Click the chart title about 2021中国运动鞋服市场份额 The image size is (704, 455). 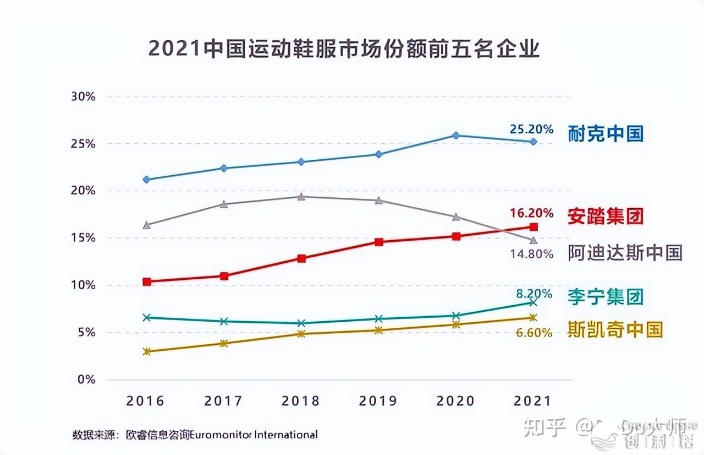[x=344, y=49]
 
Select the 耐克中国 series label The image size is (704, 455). [x=606, y=134]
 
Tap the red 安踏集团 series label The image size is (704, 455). [x=605, y=215]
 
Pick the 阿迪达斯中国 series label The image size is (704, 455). [x=625, y=253]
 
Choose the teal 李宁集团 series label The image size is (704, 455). [x=606, y=297]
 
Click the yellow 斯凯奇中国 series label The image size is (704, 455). [x=615, y=329]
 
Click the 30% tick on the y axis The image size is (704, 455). [x=84, y=96]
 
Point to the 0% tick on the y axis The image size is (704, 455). [x=87, y=380]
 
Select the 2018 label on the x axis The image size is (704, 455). [x=301, y=401]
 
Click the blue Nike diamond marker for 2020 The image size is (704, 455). [x=456, y=136]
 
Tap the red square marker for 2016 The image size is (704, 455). [x=146, y=281]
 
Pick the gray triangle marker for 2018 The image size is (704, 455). [x=301, y=197]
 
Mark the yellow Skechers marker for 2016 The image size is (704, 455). [x=146, y=351]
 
